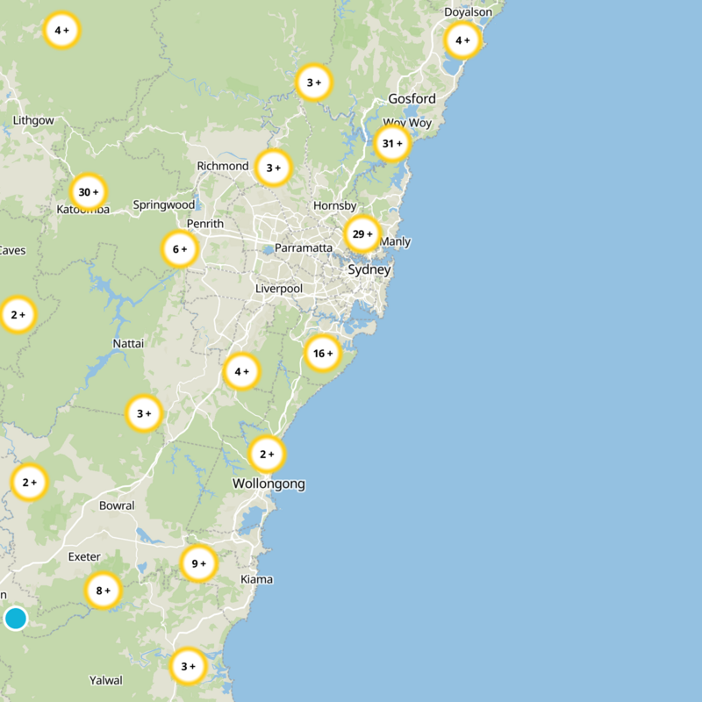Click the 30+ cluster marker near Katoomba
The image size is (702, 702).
(x=89, y=192)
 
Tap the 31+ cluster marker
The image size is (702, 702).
(x=392, y=143)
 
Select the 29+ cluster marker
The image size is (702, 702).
(x=362, y=234)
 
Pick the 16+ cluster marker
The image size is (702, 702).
(x=323, y=354)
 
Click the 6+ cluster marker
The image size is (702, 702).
(x=179, y=249)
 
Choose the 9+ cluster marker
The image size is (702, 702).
(x=198, y=563)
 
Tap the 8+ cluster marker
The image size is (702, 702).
(x=103, y=591)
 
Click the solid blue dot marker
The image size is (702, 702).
(x=16, y=619)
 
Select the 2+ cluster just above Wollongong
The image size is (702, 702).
(x=267, y=455)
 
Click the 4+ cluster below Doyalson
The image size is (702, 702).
(x=462, y=40)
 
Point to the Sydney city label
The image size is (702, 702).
(x=369, y=270)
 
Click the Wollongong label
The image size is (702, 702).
(x=269, y=484)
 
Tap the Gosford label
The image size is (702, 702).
(x=412, y=99)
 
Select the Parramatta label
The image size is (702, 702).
(x=304, y=248)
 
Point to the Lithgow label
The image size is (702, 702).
(x=33, y=120)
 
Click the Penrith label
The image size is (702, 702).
(x=204, y=225)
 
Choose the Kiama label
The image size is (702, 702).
(x=256, y=579)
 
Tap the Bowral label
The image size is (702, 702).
(x=117, y=505)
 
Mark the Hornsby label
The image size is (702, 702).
(x=335, y=206)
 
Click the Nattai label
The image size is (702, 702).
(x=128, y=343)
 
